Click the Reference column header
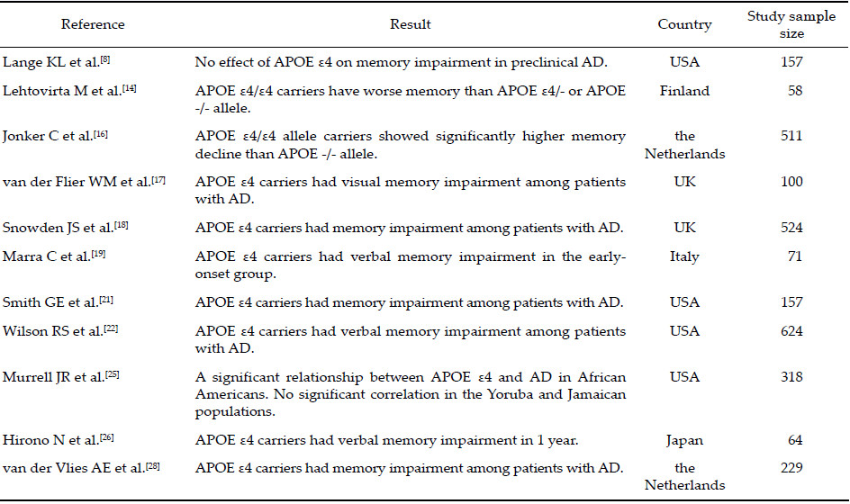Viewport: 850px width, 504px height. [94, 24]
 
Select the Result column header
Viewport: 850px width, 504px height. [410, 24]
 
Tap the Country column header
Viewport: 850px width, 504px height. [684, 24]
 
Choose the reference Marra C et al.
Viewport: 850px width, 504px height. [57, 256]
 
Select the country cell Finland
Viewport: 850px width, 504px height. [684, 91]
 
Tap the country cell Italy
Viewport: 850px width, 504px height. [684, 256]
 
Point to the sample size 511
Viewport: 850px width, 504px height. [791, 136]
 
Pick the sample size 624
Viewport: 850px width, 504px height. [791, 331]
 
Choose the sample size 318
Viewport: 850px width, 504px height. [791, 377]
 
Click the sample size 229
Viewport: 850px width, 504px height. [791, 467]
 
